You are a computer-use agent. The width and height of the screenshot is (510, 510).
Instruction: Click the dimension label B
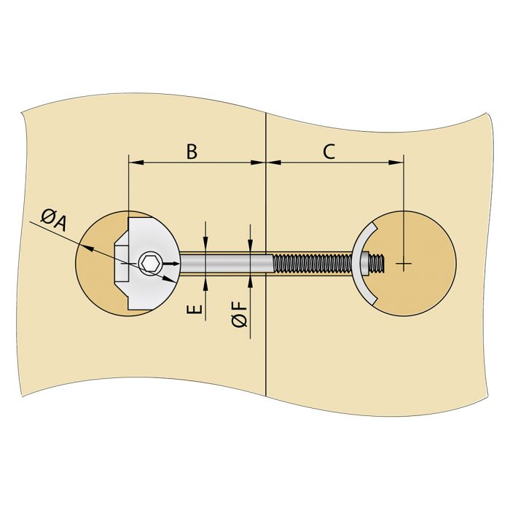pos(192,151)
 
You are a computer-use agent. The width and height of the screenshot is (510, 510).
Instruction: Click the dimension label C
pos(329,151)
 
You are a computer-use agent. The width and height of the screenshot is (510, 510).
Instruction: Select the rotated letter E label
pos(195,309)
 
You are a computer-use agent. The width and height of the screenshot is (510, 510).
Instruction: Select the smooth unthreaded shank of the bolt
pos(226,262)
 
